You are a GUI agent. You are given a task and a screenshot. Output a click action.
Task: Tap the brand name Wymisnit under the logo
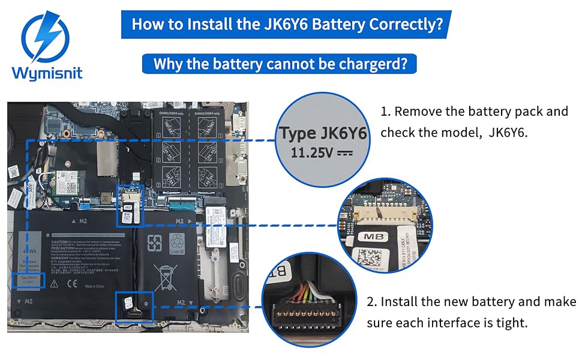pos(46,73)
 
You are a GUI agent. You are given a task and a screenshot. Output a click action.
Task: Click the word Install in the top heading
pos(208,25)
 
